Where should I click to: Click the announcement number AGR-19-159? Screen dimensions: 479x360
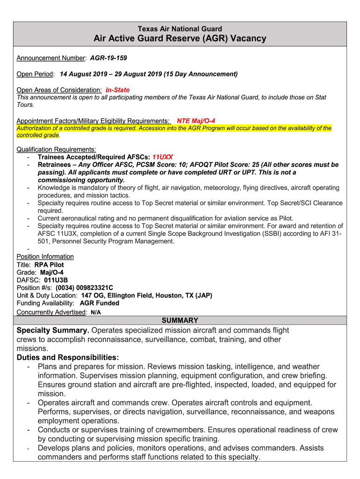click(108, 58)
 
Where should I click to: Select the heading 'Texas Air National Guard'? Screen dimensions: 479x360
click(180, 29)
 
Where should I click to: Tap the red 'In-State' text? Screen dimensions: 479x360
click(117, 90)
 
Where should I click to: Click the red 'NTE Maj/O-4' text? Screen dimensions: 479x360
click(195, 121)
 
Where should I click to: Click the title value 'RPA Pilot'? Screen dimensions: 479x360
click(49, 265)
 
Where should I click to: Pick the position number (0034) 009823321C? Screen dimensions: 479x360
click(84, 288)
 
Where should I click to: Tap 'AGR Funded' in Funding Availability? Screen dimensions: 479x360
click(100, 303)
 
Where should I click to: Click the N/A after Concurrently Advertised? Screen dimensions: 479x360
click(95, 312)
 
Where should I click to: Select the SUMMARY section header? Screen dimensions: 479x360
click(180, 320)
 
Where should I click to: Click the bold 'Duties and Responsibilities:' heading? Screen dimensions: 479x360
click(68, 357)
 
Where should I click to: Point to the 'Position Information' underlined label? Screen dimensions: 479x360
click(45, 256)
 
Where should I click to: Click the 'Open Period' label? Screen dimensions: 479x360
click(35, 74)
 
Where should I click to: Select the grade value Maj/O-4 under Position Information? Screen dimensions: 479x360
click(52, 272)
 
